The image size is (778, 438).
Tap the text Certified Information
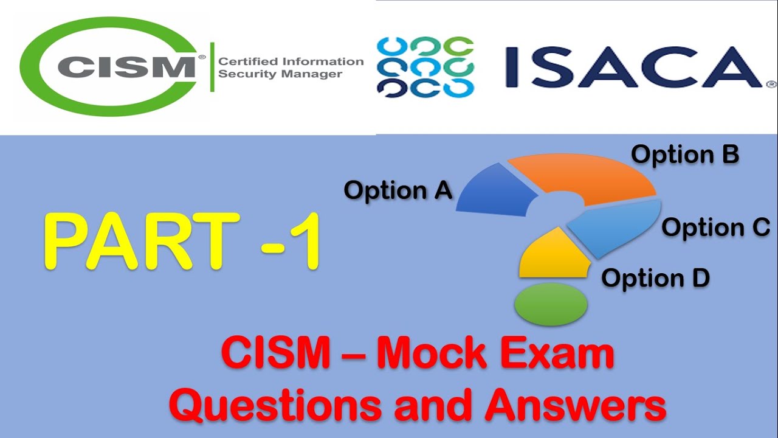coord(291,61)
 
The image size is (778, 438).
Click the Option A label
coord(398,190)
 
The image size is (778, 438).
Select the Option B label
coord(685,155)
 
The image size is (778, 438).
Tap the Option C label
coord(716,228)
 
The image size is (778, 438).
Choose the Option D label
coord(655,278)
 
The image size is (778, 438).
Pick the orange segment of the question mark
coord(583,176)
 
